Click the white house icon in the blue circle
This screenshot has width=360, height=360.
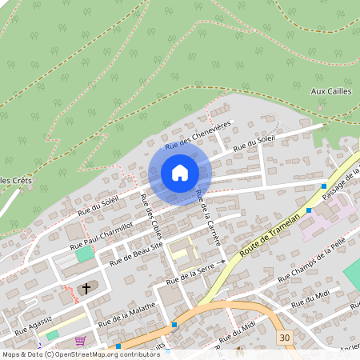point(180,172)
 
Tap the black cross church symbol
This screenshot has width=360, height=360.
point(86,287)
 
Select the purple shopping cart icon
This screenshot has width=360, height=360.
point(79,340)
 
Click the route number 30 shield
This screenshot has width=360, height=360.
point(286,338)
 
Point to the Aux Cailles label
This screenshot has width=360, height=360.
point(330,90)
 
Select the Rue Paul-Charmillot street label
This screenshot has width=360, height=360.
point(101,235)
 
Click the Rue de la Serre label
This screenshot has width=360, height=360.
point(189,277)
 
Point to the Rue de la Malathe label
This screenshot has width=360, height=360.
point(126,313)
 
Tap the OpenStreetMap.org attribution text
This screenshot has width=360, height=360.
point(103,354)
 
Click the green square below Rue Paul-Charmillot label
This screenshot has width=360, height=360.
point(84,254)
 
